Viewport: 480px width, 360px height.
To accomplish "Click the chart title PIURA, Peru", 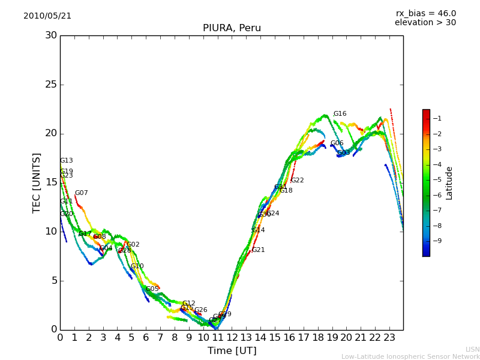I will [x=232, y=28].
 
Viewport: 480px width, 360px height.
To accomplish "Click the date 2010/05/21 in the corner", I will [x=47, y=16].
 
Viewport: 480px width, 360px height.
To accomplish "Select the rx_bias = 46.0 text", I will [x=425, y=13].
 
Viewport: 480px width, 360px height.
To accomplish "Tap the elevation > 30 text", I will [x=425, y=23].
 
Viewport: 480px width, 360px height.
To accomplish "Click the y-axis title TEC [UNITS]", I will [x=37, y=182].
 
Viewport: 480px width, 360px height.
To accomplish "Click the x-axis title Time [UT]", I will [x=232, y=351].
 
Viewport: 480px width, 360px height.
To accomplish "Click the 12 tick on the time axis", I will [x=232, y=338].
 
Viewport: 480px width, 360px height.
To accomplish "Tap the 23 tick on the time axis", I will [x=389, y=338].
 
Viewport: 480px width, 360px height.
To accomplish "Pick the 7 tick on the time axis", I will [x=160, y=338].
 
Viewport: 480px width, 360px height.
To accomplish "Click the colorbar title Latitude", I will [x=449, y=183].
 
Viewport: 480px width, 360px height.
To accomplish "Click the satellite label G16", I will [x=340, y=114].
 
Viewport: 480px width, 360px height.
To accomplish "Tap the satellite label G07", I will [x=81, y=193].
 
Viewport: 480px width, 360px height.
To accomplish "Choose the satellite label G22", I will [x=297, y=181].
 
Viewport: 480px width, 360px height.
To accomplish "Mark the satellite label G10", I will [x=137, y=266].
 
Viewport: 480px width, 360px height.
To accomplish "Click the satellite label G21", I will [x=258, y=250].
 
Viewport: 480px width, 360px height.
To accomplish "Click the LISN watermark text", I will [x=472, y=349].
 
